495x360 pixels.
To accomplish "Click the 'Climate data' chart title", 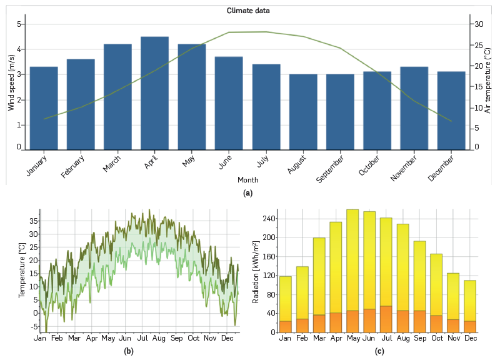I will (x=248, y=11).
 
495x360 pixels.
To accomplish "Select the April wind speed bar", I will (x=155, y=92).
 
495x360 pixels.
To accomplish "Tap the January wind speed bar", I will (x=44, y=107).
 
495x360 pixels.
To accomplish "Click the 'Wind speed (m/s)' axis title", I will (x=11, y=82).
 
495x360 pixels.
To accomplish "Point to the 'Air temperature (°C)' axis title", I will (x=487, y=82).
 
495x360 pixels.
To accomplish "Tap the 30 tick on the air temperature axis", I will (x=479, y=24).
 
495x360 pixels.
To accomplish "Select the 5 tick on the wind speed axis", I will (x=19, y=24).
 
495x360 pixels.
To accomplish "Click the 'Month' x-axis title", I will (x=247, y=180).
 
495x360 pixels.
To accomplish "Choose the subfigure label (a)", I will (x=247, y=193).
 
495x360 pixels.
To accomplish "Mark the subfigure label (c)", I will (x=379, y=351).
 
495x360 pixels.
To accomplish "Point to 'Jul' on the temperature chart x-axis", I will (x=141, y=338).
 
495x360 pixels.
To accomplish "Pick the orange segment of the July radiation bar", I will (x=386, y=319).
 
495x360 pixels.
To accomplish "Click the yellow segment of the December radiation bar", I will (x=470, y=300).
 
